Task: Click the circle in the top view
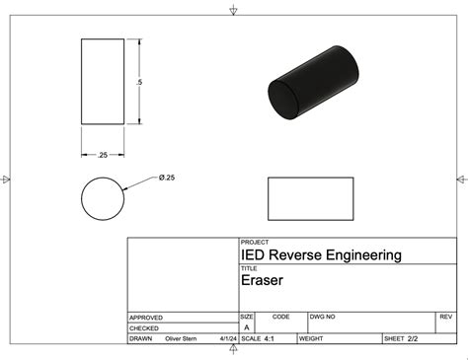[103, 199]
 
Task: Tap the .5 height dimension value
[141, 82]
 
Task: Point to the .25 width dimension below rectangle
[103, 155]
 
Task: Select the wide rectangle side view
[310, 199]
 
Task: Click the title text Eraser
[262, 280]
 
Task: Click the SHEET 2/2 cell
[407, 338]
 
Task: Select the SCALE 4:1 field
[258, 338]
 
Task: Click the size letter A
[246, 327]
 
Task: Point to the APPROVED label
[146, 318]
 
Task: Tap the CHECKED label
[144, 328]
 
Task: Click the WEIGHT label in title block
[311, 338]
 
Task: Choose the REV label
[444, 317]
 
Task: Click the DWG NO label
[322, 317]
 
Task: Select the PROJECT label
[254, 242]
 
